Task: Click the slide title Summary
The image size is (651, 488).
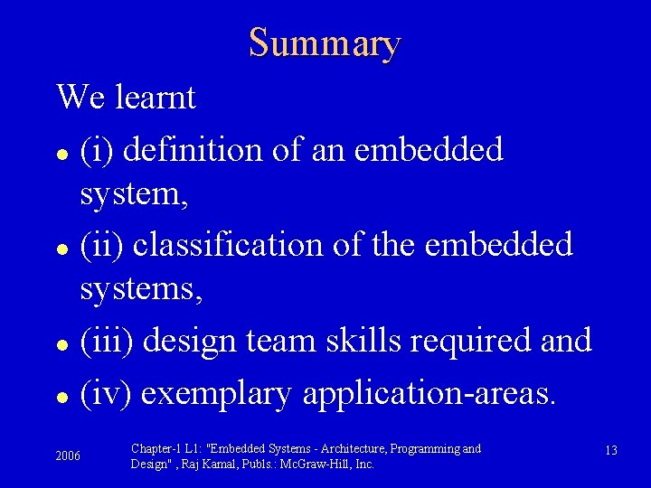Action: [325, 42]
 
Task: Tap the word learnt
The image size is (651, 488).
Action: [156, 97]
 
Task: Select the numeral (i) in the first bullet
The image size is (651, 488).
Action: [97, 149]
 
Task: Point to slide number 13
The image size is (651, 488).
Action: [610, 450]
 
